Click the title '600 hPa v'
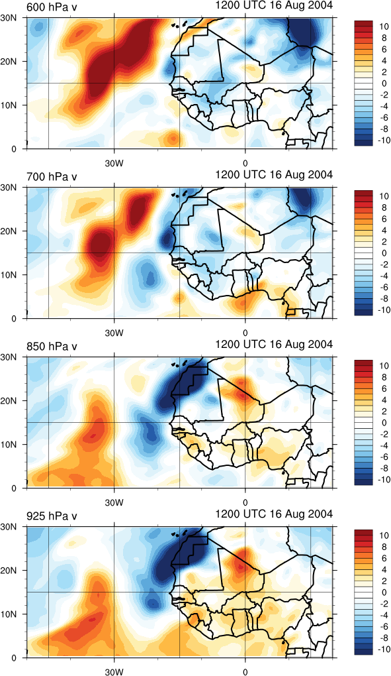(52, 7)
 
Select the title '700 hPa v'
(52, 177)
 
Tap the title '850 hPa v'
(52, 347)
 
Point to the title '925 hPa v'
(52, 516)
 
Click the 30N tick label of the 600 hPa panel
(9, 18)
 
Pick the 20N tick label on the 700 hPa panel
(9, 231)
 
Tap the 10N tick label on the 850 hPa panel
(9, 445)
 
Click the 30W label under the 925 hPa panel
(114, 672)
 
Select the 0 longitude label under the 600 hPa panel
(245, 164)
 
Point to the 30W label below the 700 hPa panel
(114, 333)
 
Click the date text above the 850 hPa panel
(274, 345)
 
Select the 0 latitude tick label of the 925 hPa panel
(14, 658)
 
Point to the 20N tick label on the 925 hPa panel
(9, 571)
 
